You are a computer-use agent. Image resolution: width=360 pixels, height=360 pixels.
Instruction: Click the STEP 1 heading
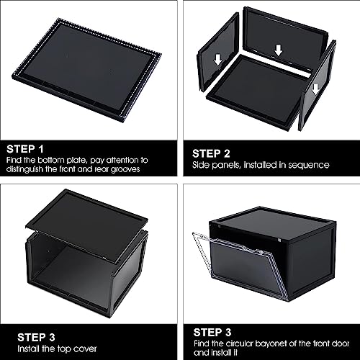25,149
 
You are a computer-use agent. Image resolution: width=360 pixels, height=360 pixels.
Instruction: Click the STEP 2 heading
211,153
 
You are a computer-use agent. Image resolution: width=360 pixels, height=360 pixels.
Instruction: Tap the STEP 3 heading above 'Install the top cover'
36,337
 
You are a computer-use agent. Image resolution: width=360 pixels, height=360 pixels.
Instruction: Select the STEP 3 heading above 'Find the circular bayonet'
212,333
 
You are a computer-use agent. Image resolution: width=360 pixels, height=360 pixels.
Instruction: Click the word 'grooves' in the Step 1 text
125,169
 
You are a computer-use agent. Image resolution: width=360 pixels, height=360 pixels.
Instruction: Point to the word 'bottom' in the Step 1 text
51,160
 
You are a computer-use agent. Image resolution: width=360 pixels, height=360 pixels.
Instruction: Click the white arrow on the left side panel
218,60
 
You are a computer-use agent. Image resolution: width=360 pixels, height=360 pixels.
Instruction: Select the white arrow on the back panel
279,50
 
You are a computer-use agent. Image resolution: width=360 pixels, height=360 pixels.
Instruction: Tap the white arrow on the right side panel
316,89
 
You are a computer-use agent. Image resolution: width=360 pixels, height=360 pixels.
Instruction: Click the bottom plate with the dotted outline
86,70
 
